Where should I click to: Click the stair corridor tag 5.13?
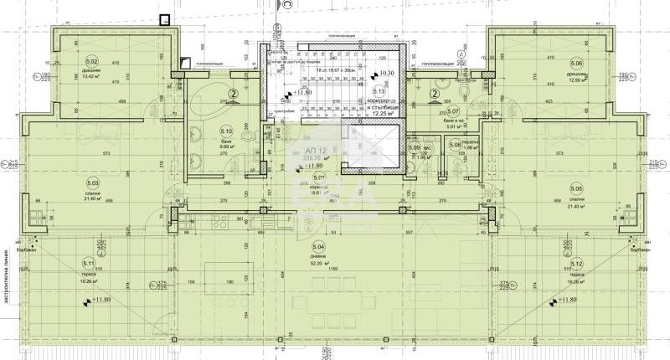tap(379, 92)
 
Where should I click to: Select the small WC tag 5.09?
tap(415, 148)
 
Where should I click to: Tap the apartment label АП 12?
tap(306, 152)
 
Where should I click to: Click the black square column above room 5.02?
tap(165, 19)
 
